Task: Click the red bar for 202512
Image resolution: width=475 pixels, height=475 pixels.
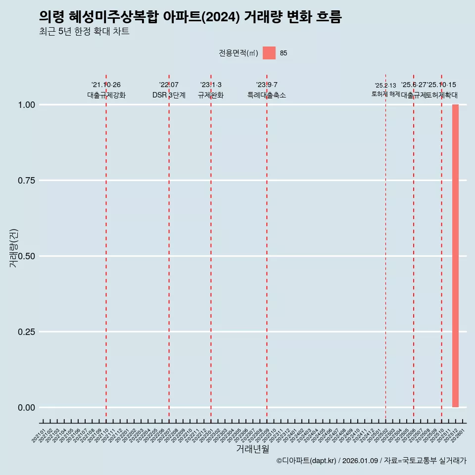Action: tap(455, 256)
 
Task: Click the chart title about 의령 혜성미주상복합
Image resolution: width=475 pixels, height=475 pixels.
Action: tap(190, 17)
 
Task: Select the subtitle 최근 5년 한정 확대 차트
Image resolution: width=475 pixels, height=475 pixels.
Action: tap(84, 32)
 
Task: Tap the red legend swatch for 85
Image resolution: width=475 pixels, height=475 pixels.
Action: tap(269, 53)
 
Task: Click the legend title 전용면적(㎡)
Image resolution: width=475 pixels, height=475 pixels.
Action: tap(238, 53)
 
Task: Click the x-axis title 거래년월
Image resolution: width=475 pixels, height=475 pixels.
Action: tap(252, 449)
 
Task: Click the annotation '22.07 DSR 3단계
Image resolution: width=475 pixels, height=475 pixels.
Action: tap(169, 90)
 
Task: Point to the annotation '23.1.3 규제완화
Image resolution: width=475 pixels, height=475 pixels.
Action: tap(211, 90)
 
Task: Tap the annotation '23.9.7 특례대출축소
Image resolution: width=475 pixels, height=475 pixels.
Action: tap(267, 90)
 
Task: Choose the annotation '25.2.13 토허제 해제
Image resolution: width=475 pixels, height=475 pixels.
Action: tap(385, 90)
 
